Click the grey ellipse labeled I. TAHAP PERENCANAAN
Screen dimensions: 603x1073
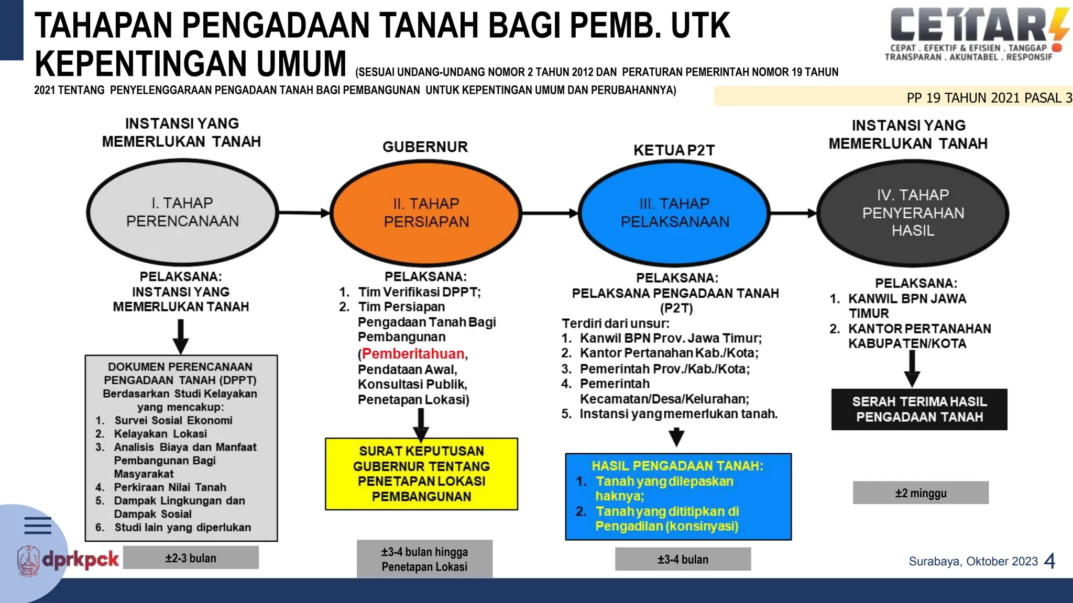182,212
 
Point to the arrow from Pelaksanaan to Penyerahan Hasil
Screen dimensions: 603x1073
793,213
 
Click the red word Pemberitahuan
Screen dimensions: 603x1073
413,354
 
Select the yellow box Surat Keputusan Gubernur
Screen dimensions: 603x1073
421,474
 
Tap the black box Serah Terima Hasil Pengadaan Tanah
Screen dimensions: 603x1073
919,409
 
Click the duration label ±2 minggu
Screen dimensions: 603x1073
921,493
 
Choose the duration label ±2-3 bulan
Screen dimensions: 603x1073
191,558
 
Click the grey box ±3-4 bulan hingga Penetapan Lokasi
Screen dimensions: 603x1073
424,559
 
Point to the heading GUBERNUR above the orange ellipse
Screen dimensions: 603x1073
425,147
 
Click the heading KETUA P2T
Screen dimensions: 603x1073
674,150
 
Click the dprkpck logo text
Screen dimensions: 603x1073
80,560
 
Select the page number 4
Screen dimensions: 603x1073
1049,561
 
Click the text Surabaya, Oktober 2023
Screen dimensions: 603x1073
973,561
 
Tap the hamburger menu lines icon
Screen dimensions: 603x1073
38,525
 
